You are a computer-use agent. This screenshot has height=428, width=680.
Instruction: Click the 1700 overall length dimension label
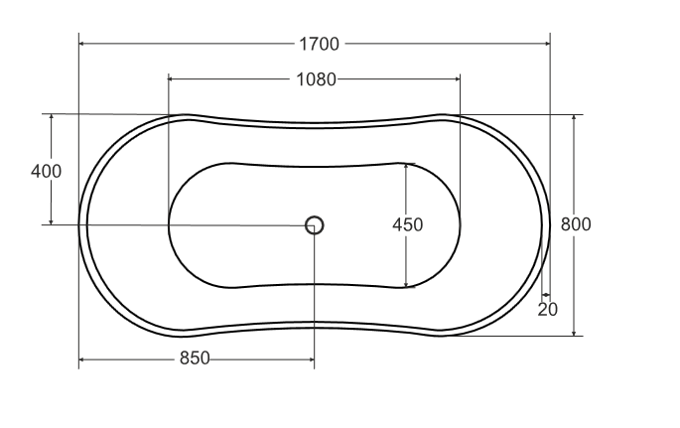(x=319, y=44)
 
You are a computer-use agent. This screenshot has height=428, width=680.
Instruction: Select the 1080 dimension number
(x=316, y=79)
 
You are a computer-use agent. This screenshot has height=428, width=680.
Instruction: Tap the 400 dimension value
(x=46, y=171)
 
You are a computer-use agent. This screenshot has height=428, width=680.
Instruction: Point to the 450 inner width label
(x=407, y=225)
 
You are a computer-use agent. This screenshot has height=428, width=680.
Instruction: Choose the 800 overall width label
(x=576, y=224)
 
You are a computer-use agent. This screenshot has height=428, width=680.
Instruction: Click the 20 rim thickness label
(x=548, y=309)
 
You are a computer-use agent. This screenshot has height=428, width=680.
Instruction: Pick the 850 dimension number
(x=195, y=358)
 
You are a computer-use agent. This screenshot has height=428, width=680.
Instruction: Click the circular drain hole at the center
(x=315, y=224)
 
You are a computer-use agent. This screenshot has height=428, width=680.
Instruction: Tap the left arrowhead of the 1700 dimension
(x=83, y=44)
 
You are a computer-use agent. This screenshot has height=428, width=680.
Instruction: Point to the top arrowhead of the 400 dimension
(x=51, y=118)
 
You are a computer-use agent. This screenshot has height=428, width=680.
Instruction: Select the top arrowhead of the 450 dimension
(x=406, y=168)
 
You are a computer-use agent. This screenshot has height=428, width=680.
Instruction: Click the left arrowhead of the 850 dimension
(x=83, y=358)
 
